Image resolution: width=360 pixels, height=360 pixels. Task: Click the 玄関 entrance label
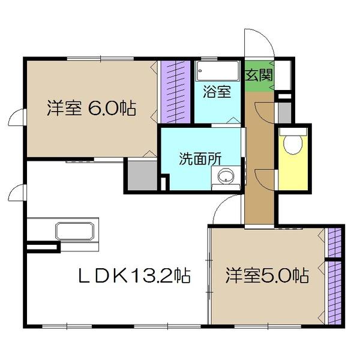click(x=259, y=75)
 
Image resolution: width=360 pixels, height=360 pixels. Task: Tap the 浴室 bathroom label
click(x=217, y=92)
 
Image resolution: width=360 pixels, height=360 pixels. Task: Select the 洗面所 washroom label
click(x=200, y=158)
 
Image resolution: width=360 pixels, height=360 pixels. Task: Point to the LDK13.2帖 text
click(x=134, y=275)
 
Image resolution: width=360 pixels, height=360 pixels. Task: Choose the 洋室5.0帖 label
click(x=267, y=275)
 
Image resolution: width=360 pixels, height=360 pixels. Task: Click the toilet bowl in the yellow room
click(x=293, y=144)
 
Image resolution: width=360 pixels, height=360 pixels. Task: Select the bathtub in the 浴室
click(x=217, y=71)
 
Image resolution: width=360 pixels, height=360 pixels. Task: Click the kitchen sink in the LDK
click(x=75, y=231)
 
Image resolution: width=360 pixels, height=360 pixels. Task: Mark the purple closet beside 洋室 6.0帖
click(x=176, y=92)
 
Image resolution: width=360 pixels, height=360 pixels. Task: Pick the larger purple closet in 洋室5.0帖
click(x=335, y=293)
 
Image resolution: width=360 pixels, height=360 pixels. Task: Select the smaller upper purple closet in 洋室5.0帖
click(x=335, y=242)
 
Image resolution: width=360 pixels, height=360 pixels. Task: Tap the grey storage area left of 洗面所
click(x=142, y=176)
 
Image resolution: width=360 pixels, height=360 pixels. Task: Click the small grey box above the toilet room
click(x=284, y=113)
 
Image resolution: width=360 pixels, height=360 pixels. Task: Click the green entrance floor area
click(x=259, y=76)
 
